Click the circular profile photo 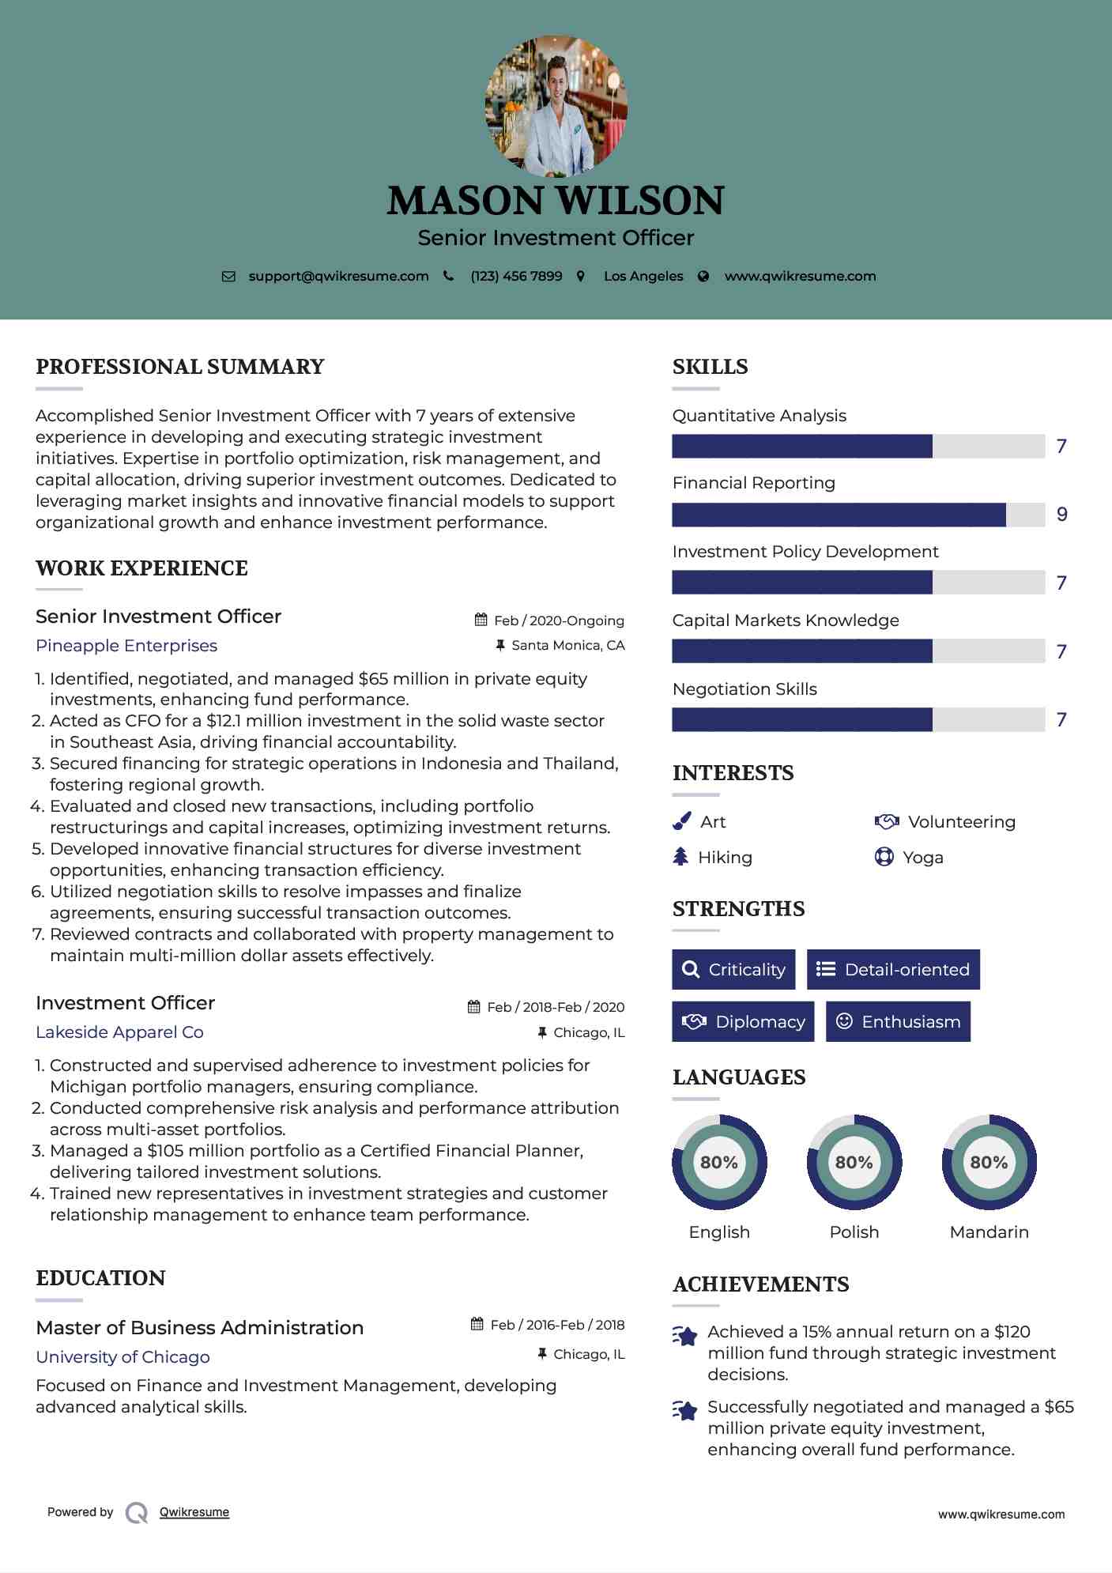(556, 106)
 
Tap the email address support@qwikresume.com (338, 276)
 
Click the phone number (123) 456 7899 (516, 276)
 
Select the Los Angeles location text (643, 276)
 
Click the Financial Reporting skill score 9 (1062, 515)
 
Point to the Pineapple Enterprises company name (126, 646)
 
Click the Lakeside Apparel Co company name (119, 1032)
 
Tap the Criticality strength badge (733, 969)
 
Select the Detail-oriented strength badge (893, 969)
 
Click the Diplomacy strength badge (743, 1021)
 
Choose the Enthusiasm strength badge (898, 1021)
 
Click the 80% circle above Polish (854, 1162)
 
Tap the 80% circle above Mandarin (989, 1162)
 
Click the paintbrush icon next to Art (681, 822)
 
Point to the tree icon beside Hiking (680, 857)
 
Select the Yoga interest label (923, 858)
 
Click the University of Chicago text (123, 1357)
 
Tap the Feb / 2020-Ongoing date (559, 621)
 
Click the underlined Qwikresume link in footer (194, 1512)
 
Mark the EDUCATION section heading (100, 1278)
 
